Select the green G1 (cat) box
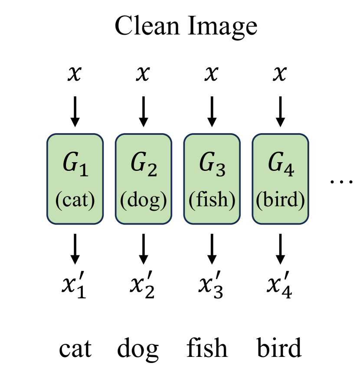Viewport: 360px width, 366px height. click(75, 179)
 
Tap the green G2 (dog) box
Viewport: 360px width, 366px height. click(143, 179)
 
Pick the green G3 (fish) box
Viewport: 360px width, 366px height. click(212, 179)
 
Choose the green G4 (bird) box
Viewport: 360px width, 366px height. click(280, 179)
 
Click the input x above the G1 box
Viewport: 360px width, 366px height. click(75, 74)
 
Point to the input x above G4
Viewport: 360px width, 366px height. click(280, 74)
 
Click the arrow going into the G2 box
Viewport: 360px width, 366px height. click(143, 111)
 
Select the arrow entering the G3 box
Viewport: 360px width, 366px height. click(212, 111)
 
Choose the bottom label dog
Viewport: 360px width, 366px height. click(138, 349)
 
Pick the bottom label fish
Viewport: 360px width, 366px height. click(206, 348)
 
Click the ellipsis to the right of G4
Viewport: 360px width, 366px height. click(341, 182)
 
